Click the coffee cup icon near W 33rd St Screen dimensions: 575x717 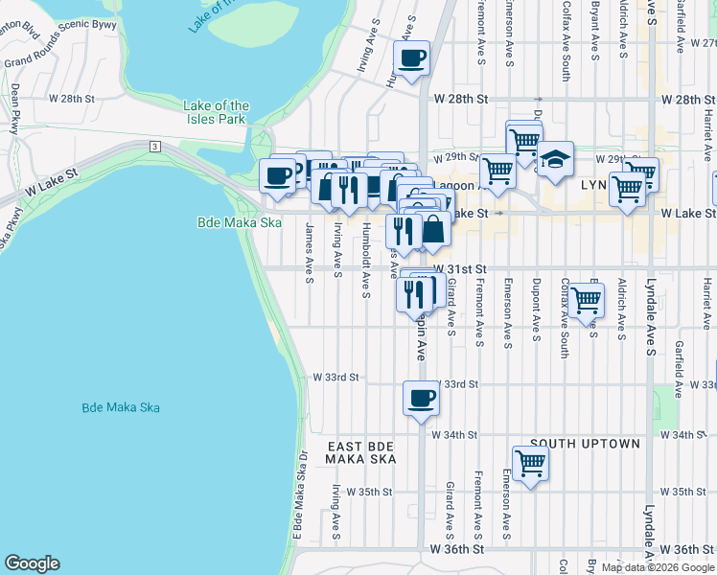point(420,399)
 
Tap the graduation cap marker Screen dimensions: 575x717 point(555,159)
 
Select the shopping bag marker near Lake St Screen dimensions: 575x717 point(433,230)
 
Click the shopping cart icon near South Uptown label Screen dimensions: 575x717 point(530,464)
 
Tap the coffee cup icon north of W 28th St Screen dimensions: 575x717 point(411,58)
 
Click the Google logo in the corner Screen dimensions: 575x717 point(32,563)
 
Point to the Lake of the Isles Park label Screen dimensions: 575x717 point(217,112)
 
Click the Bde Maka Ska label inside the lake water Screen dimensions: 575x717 point(120,407)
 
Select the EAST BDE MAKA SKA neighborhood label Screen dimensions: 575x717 point(360,453)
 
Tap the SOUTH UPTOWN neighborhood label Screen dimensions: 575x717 point(585,445)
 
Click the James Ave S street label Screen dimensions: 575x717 point(309,253)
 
